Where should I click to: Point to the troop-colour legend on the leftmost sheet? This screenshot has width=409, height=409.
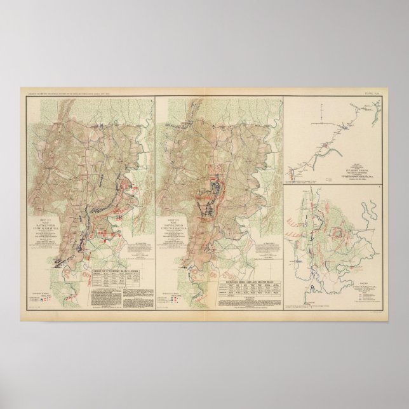coord(39,295)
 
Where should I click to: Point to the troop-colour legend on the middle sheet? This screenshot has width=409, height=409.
coord(173,296)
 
